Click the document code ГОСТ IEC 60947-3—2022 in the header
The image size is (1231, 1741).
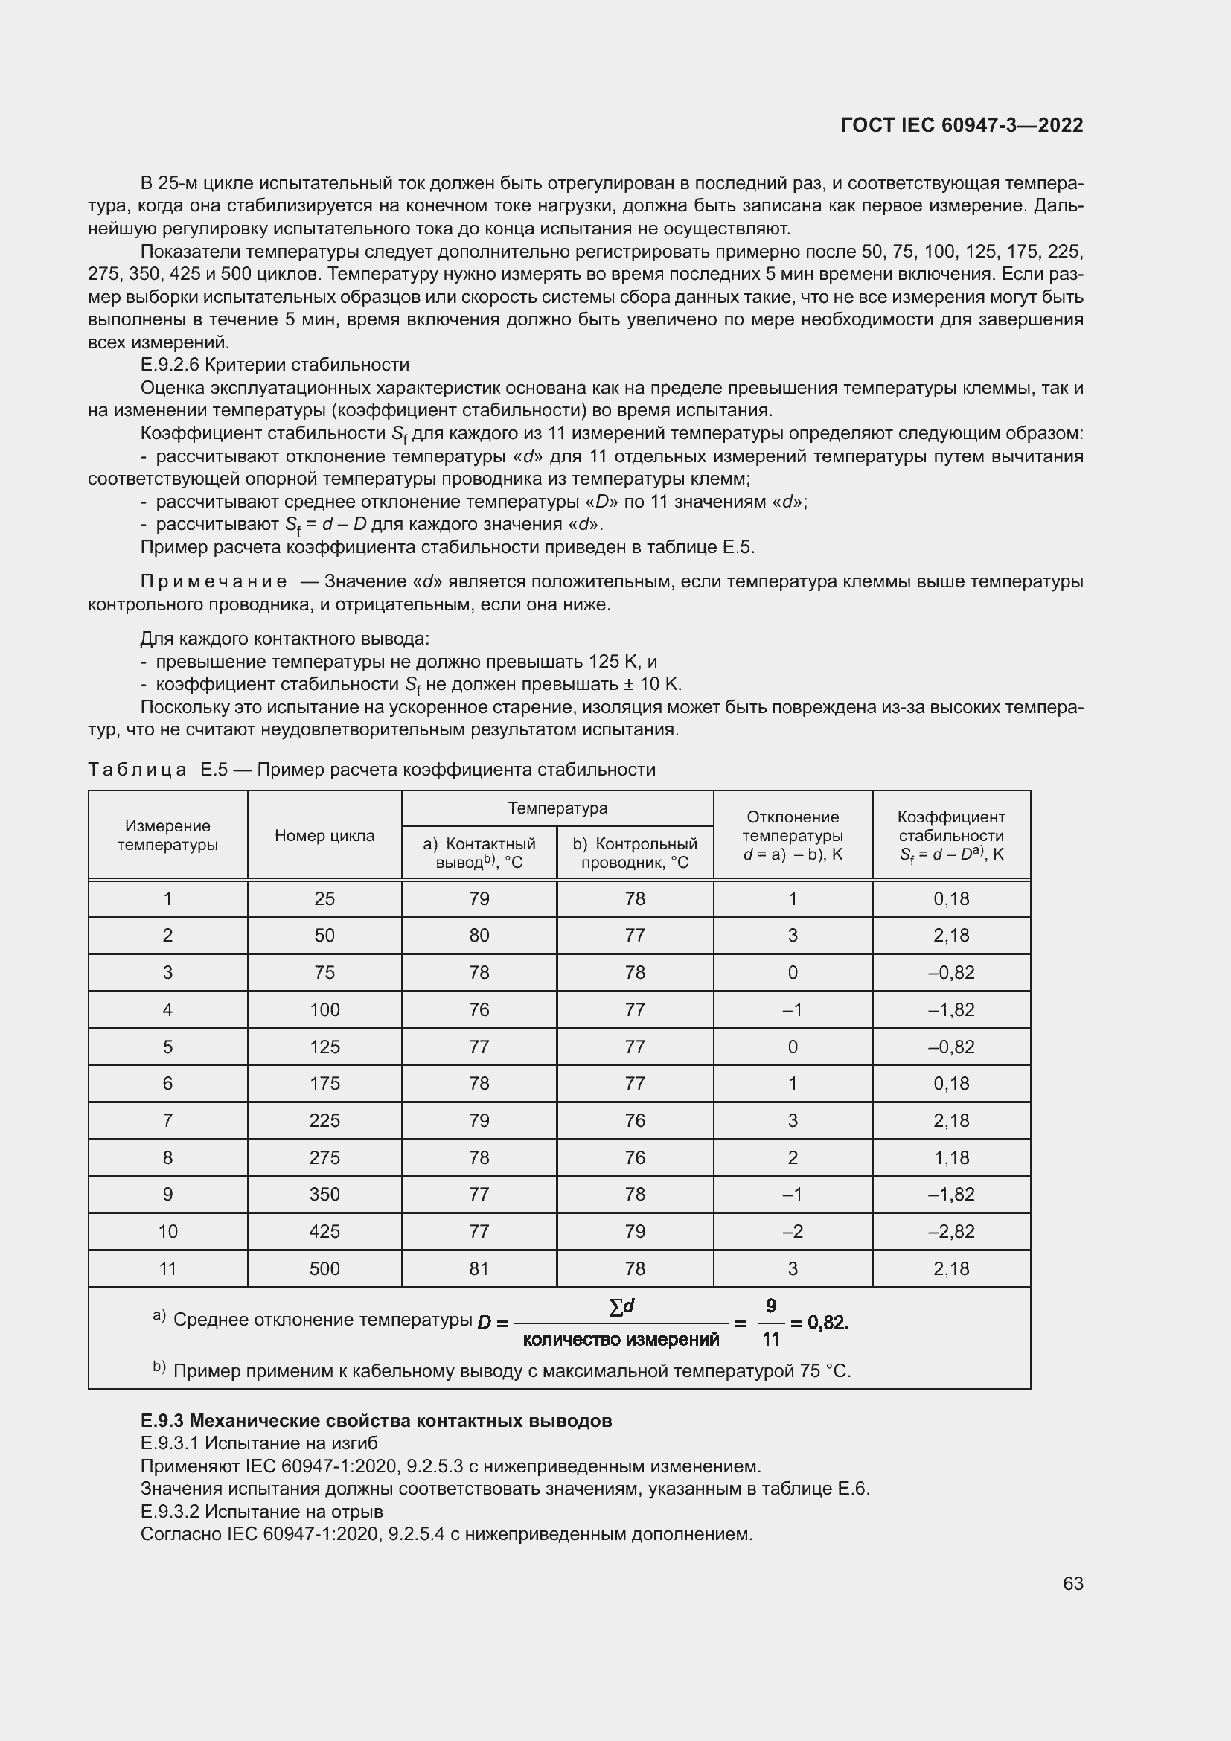[x=961, y=125]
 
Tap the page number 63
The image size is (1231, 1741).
[x=1072, y=1583]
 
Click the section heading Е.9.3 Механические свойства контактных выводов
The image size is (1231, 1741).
[x=376, y=1420]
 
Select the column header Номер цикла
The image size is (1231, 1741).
[x=324, y=836]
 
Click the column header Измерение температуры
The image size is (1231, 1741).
[x=167, y=835]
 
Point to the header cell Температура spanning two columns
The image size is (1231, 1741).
[x=557, y=808]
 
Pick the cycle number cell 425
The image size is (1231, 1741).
[x=324, y=1231]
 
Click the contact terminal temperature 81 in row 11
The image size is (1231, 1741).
[x=479, y=1268]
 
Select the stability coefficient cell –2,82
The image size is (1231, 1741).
[x=950, y=1231]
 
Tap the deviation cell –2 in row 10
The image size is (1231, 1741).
[x=792, y=1231]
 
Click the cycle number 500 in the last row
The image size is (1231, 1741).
[x=324, y=1268]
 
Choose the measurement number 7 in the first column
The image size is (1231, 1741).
[x=167, y=1120]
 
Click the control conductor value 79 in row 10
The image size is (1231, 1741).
[x=634, y=1231]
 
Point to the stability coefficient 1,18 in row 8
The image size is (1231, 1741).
[x=950, y=1157]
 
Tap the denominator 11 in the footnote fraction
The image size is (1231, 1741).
[x=770, y=1340]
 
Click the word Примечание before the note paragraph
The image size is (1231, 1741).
[x=214, y=581]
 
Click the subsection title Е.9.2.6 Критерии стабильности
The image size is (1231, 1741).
[x=275, y=365]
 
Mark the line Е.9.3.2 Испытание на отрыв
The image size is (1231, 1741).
[x=261, y=1511]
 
